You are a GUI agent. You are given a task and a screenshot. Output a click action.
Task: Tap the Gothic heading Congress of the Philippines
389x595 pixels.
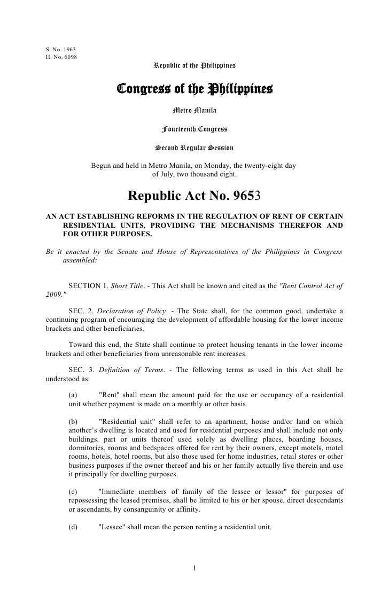pos(194,88)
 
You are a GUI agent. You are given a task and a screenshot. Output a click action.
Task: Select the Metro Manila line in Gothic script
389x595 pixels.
pos(194,111)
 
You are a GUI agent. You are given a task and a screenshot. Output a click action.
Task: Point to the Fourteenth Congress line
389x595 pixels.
pos(194,129)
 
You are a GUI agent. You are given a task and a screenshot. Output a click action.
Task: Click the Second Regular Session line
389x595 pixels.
pos(194,147)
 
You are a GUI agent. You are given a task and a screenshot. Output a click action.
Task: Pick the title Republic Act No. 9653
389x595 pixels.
pos(194,196)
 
